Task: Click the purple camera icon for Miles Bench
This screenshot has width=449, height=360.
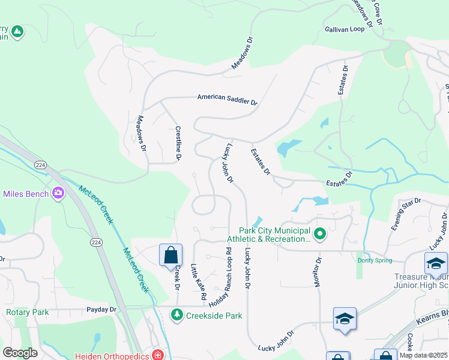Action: pyautogui.click(x=58, y=193)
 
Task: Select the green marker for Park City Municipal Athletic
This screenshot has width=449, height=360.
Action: pyautogui.click(x=320, y=234)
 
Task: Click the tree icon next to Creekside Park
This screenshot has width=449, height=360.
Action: pyautogui.click(x=177, y=314)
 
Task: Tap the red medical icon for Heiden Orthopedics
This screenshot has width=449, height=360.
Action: pyautogui.click(x=157, y=355)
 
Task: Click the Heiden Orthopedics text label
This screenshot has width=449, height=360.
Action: pyautogui.click(x=112, y=356)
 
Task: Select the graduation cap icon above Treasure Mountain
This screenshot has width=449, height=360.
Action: pyautogui.click(x=436, y=263)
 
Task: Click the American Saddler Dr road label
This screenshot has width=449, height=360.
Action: pyautogui.click(x=227, y=100)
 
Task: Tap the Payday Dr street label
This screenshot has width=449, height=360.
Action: pyautogui.click(x=101, y=310)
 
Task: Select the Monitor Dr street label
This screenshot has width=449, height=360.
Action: pyautogui.click(x=318, y=272)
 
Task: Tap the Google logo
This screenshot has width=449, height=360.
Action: pyautogui.click(x=20, y=353)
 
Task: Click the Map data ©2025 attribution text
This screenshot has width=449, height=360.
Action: pyautogui.click(x=423, y=355)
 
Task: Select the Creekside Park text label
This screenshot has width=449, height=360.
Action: pyautogui.click(x=214, y=315)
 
